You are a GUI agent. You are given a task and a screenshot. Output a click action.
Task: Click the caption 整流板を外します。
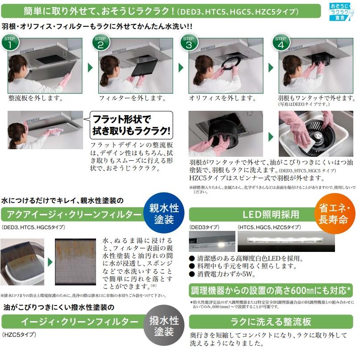tap(36, 98)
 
